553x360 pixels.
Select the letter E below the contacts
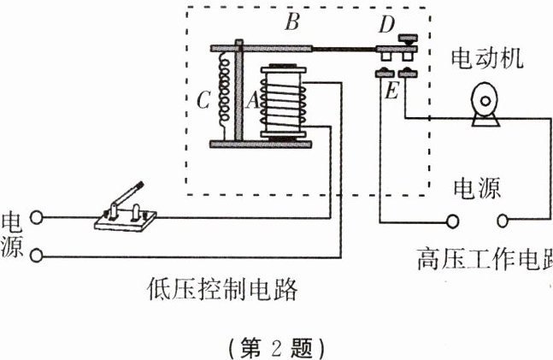(x=391, y=89)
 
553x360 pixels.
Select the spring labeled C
(x=225, y=94)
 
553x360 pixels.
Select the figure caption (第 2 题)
(x=275, y=348)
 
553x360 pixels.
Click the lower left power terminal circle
(x=35, y=254)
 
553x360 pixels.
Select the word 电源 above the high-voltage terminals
(x=476, y=187)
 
